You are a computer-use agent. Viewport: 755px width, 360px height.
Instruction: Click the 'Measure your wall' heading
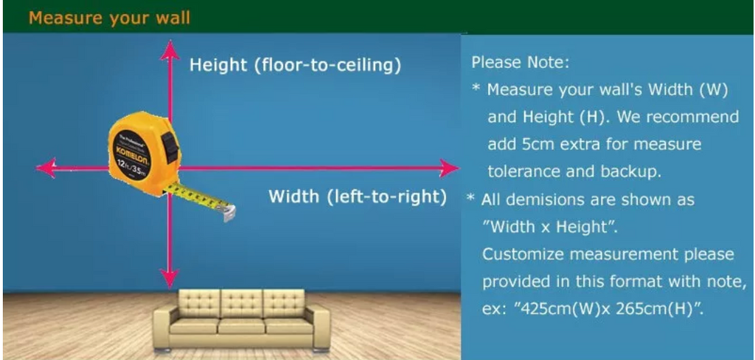point(109,18)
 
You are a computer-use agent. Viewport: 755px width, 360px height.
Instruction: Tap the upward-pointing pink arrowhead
point(170,50)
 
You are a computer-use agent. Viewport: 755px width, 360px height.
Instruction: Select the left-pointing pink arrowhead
point(46,168)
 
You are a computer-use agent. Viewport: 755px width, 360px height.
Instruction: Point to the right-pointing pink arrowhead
point(449,168)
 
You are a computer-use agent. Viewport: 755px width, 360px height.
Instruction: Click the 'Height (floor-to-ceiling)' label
point(295,65)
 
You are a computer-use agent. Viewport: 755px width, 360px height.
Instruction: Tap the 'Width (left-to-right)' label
point(358,197)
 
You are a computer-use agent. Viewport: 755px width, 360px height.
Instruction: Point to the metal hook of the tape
point(229,212)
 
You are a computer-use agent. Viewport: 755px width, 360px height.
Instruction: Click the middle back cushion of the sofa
point(242,302)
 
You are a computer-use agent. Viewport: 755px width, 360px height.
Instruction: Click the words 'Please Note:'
point(521,63)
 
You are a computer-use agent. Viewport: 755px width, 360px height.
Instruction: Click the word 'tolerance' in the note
point(524,172)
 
